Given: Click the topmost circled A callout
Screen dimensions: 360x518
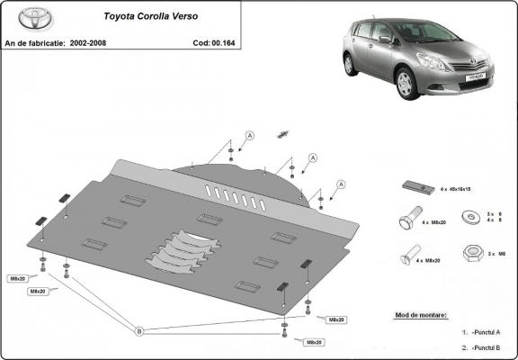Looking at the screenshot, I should [x=250, y=135].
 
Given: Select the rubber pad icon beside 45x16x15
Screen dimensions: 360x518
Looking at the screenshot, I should [x=415, y=186].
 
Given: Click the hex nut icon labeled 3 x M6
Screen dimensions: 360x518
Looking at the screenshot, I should [x=471, y=253].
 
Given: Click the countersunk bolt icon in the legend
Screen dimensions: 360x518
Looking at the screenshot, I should [x=409, y=255].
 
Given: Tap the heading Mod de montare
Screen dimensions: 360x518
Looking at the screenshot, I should [x=420, y=316].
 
